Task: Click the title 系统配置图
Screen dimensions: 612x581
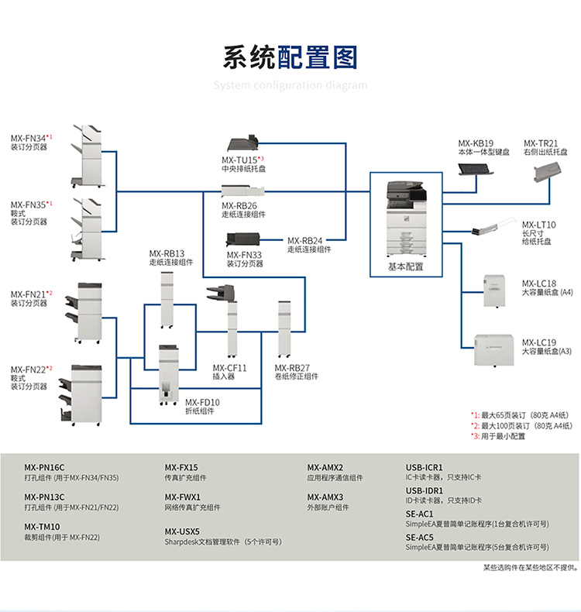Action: pyautogui.click(x=290, y=58)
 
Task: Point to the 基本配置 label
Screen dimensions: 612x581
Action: pyautogui.click(x=406, y=266)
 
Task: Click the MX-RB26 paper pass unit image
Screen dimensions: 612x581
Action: pyautogui.click(x=243, y=191)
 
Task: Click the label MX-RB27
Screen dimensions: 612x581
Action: pyautogui.click(x=292, y=368)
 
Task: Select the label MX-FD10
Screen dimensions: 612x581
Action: pyautogui.click(x=202, y=402)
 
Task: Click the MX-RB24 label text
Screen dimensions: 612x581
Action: pyautogui.click(x=304, y=240)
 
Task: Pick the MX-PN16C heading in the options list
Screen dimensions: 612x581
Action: pyautogui.click(x=44, y=467)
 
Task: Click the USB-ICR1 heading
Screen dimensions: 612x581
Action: pyautogui.click(x=425, y=467)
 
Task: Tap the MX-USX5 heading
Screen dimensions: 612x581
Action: pyautogui.click(x=182, y=531)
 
